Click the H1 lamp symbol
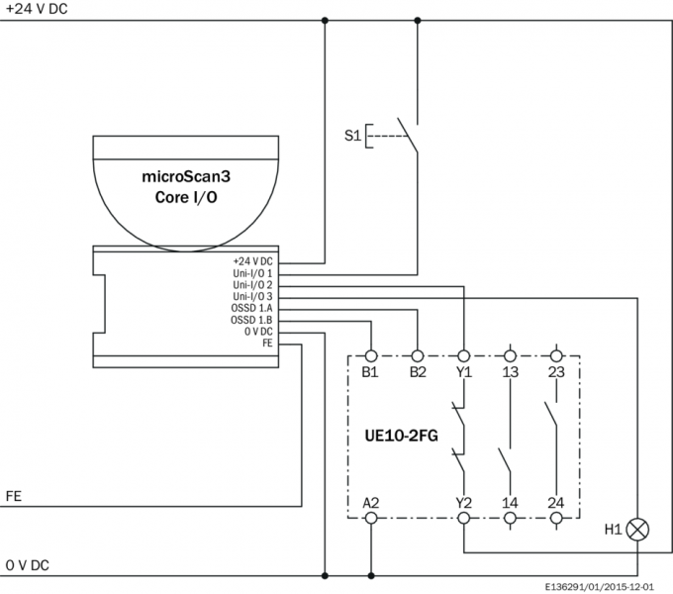(x=638, y=530)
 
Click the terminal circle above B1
(x=371, y=354)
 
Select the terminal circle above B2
(x=418, y=354)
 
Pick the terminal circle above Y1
(x=464, y=354)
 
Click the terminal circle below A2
(x=371, y=518)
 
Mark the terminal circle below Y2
(x=464, y=518)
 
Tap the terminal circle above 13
(x=511, y=354)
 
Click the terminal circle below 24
(x=556, y=518)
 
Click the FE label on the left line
(x=14, y=494)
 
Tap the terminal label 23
(x=556, y=372)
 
